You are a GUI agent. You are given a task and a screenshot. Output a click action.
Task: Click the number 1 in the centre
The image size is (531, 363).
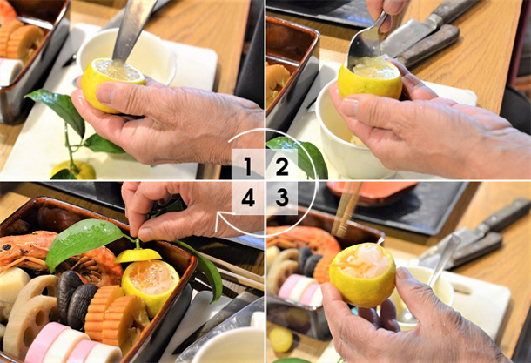[x=248, y=166]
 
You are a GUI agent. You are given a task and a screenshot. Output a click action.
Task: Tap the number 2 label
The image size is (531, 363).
[x=282, y=166]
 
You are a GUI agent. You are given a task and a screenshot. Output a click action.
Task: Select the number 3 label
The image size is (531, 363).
[x=282, y=197]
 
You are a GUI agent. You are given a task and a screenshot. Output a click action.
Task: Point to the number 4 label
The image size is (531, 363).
[x=248, y=197]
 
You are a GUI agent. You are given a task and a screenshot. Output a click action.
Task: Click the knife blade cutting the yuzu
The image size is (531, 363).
[x=131, y=30]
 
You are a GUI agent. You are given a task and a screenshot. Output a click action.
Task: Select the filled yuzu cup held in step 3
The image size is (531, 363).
[x=363, y=274]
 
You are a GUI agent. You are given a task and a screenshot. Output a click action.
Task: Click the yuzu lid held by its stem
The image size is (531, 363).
[x=138, y=255]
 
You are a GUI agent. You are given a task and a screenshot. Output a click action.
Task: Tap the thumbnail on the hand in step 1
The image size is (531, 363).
[x=105, y=94]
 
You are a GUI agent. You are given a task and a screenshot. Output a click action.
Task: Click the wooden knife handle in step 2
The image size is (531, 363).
[x=429, y=46]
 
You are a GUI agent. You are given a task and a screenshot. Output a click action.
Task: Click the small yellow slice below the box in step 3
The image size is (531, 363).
[x=281, y=339]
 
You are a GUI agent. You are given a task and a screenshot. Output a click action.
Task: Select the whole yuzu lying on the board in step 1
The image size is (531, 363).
[x=74, y=170]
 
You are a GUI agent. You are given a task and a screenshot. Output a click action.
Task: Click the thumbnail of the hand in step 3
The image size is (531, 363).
[x=403, y=273]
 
